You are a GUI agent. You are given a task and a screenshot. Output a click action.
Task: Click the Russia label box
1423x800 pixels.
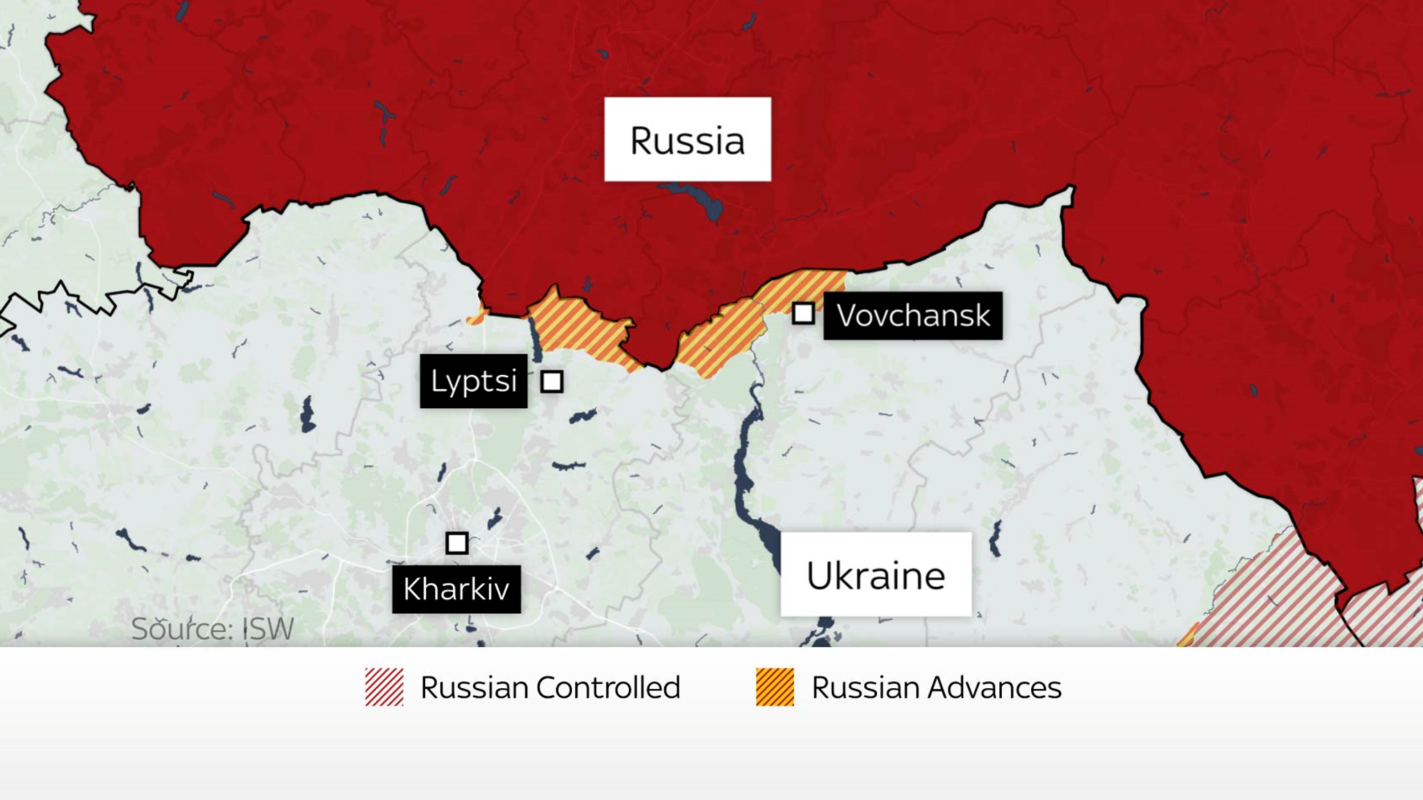(x=687, y=140)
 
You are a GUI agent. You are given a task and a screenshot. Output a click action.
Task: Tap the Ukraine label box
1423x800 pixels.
(x=875, y=575)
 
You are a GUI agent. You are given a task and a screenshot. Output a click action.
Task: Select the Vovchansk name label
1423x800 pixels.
(x=912, y=316)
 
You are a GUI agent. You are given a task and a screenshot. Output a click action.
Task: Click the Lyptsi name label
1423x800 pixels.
(x=473, y=381)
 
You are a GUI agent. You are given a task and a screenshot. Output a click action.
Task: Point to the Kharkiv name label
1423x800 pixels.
(x=456, y=589)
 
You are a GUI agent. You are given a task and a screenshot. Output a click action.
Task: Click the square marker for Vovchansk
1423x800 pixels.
(x=803, y=313)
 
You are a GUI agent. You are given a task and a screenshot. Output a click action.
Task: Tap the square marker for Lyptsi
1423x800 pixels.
(x=552, y=381)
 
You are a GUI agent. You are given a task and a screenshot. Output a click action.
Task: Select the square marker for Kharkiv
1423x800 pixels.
(x=456, y=542)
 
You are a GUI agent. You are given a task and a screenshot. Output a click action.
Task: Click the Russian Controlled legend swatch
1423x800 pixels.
(x=384, y=687)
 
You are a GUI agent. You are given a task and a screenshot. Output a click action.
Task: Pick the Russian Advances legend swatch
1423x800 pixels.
(x=775, y=687)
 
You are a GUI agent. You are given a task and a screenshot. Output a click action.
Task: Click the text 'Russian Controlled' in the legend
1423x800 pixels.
(x=550, y=687)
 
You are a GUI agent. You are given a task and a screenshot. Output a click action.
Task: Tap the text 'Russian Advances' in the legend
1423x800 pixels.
(x=936, y=687)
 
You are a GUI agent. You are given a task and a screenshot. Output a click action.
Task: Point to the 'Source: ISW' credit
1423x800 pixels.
(x=212, y=629)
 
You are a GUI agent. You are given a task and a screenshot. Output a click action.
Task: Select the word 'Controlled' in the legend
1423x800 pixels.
(x=608, y=687)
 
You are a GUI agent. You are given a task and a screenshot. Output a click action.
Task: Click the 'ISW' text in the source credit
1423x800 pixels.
(x=268, y=629)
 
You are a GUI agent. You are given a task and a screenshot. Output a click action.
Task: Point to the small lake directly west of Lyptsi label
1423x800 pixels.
(x=306, y=415)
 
